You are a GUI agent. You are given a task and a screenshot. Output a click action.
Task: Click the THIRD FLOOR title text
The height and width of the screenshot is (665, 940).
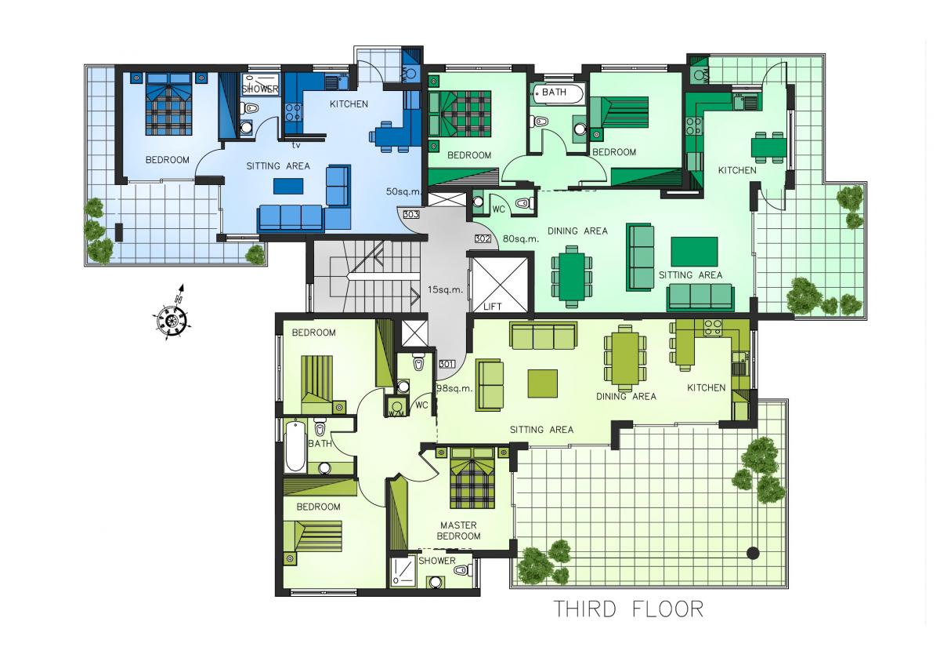coord(628,609)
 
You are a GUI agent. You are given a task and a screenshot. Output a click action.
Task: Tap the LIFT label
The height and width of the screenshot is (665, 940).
coord(492,307)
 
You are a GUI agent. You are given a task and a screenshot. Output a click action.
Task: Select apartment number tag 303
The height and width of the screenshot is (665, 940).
coord(410,215)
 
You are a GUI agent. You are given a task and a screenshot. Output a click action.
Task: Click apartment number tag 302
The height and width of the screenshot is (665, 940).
coord(483,238)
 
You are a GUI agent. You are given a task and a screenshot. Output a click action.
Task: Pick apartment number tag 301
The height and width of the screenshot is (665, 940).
coord(446,364)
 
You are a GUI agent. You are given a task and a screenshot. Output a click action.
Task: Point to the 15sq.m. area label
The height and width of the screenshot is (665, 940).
coord(445,289)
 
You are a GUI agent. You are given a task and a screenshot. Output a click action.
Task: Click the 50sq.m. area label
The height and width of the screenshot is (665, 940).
coord(403,191)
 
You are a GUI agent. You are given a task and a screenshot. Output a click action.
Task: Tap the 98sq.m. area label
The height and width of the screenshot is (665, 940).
coord(455,389)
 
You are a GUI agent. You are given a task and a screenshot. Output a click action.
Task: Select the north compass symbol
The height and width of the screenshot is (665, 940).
coord(172,316)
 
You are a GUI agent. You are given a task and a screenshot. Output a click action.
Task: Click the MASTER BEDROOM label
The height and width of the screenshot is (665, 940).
coord(458,531)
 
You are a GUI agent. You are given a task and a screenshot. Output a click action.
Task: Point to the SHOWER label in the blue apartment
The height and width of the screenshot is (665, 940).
coord(260,89)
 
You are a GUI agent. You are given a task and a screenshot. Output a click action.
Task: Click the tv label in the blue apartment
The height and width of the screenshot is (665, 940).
coord(296,145)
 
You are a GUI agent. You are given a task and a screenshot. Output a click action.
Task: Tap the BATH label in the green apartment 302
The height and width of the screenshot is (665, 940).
coord(554,92)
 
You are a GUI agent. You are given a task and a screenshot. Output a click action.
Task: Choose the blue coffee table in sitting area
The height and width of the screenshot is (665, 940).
coord(288,186)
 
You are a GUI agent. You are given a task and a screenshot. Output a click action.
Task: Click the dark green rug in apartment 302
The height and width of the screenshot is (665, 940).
coord(694,252)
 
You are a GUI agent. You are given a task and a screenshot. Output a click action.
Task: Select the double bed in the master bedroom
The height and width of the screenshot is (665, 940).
coord(472,478)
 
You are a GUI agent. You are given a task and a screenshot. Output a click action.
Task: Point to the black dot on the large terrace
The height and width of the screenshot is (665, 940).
coord(754,554)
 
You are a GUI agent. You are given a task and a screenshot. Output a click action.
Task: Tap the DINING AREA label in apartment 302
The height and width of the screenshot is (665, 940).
coord(577,231)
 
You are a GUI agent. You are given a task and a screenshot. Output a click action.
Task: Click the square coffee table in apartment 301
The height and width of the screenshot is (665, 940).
coord(543,383)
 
